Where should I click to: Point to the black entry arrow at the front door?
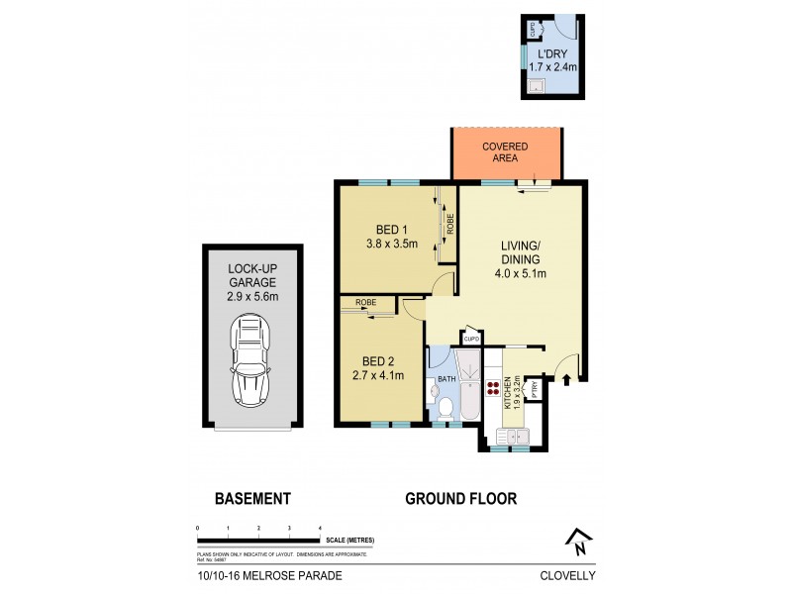point(568,377)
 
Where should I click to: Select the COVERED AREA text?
point(505,152)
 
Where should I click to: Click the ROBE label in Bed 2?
point(364,302)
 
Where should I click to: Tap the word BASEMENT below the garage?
point(252,499)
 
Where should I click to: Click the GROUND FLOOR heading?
point(460,499)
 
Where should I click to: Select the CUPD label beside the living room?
point(471,340)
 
